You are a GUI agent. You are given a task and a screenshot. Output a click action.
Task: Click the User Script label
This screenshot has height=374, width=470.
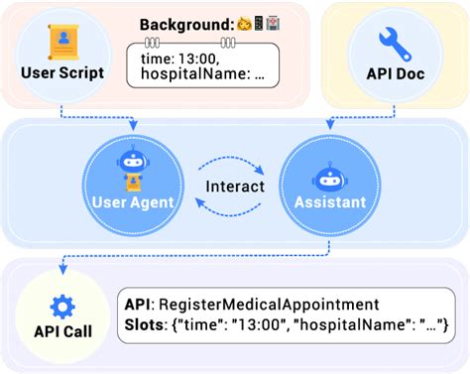(x=61, y=72)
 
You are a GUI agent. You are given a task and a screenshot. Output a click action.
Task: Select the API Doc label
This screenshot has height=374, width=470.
(x=396, y=72)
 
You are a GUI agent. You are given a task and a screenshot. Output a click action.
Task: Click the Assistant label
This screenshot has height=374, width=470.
(x=330, y=202)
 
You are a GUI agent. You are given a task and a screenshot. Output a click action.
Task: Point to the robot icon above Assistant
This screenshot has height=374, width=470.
(x=330, y=175)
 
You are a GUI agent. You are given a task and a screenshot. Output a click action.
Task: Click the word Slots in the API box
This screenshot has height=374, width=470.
(x=146, y=324)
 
